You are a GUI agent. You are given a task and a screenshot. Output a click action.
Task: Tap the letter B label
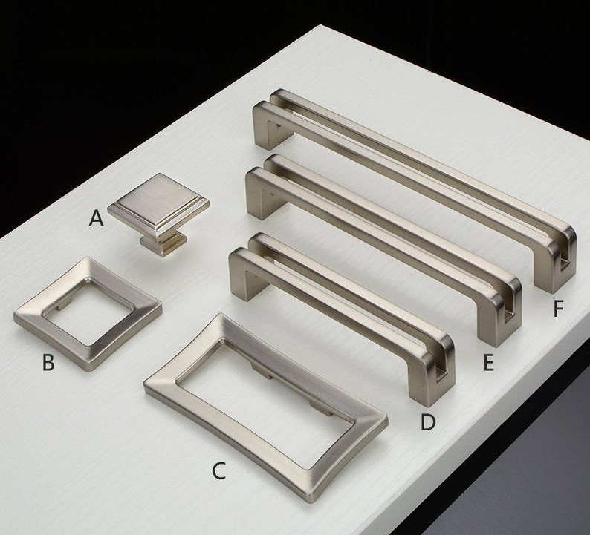(48, 362)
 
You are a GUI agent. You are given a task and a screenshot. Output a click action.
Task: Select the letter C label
(218, 470)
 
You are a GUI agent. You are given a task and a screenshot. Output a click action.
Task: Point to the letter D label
(427, 422)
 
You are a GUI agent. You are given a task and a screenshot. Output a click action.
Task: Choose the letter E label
(487, 362)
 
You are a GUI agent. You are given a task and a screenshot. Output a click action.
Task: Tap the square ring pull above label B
(88, 303)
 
